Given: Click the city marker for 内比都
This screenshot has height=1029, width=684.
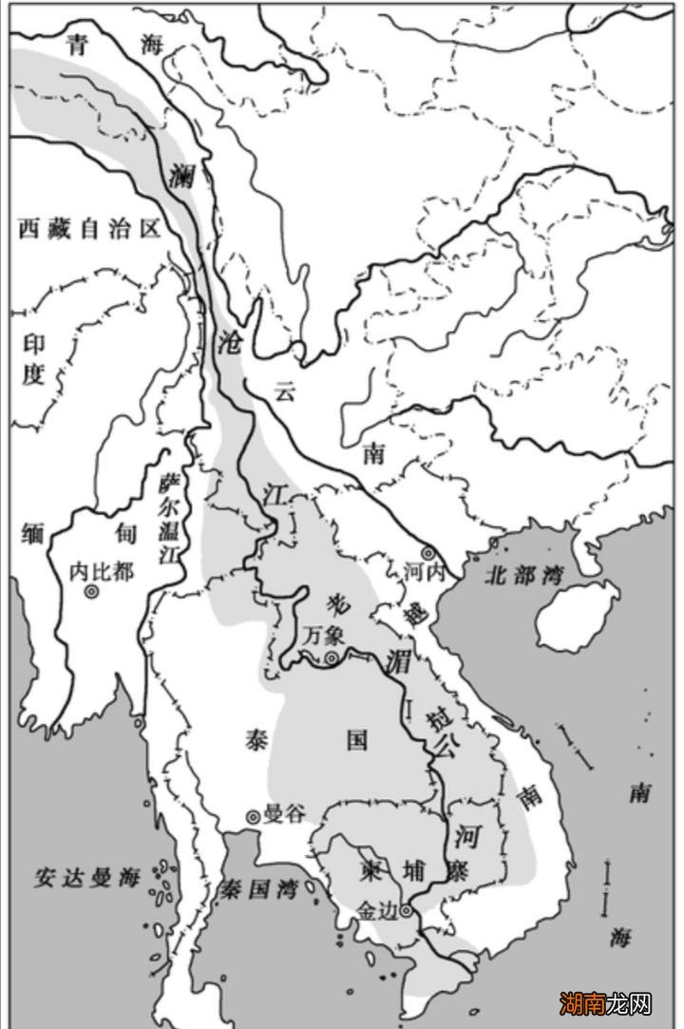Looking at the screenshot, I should click(92, 592).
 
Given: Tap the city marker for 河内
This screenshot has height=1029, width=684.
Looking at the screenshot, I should click(428, 553).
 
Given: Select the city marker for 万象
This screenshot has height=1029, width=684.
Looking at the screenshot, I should click(332, 657).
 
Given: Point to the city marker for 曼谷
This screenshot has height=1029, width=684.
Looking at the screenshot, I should click(253, 815).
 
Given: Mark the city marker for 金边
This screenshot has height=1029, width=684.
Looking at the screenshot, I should click(407, 910).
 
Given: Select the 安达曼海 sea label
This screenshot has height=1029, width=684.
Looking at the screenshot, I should click(87, 876).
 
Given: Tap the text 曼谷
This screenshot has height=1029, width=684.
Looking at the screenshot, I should click(285, 814).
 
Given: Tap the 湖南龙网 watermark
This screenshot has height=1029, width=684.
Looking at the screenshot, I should click(605, 1002).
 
